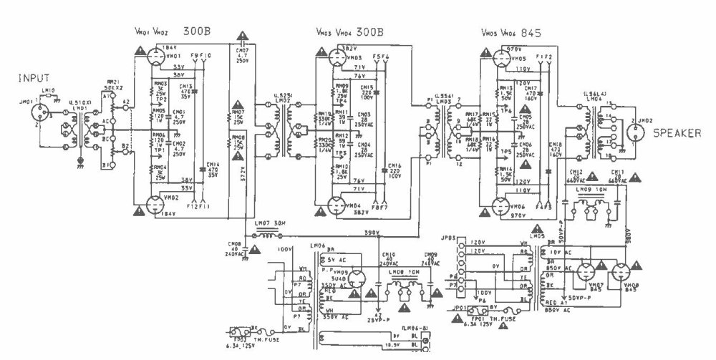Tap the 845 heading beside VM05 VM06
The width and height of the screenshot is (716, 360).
[x=531, y=33]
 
